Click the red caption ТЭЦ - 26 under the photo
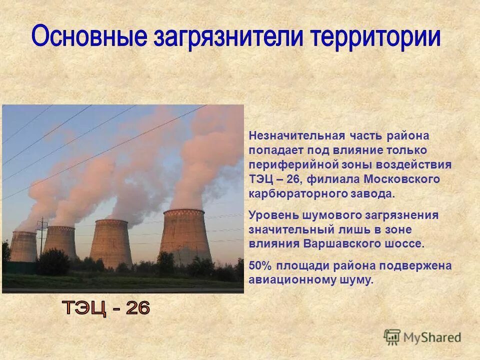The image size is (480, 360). tap(105, 308)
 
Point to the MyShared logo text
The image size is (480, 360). tap(432, 337)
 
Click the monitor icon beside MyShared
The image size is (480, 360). tap(392, 336)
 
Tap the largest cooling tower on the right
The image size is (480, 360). tap(185, 237)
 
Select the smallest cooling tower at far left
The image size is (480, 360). tap(23, 246)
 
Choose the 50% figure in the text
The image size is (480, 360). tap(260, 265)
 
